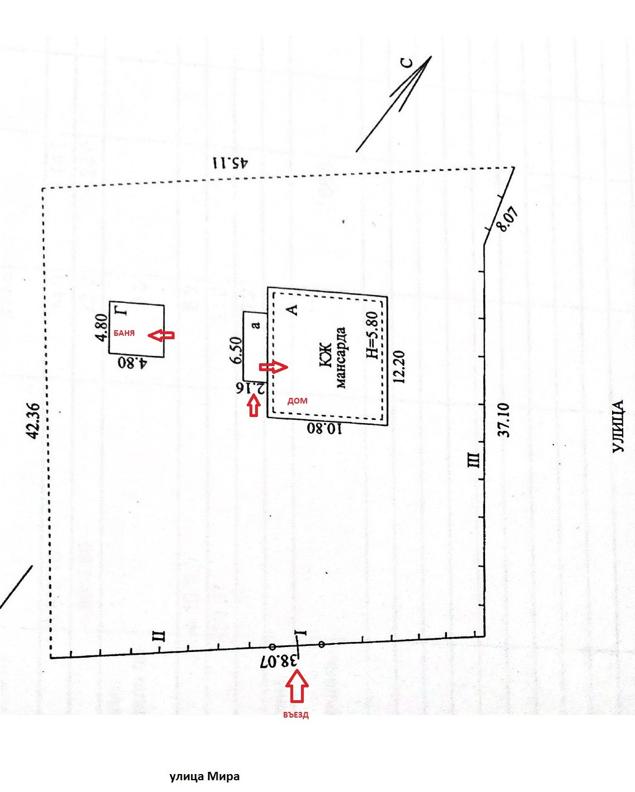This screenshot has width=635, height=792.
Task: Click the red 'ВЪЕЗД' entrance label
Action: (295, 715)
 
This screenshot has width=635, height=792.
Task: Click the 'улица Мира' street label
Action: (205, 776)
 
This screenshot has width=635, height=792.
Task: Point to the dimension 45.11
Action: (230, 163)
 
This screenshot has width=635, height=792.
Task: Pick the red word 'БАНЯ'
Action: (124, 333)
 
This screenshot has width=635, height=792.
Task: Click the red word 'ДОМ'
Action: (297, 401)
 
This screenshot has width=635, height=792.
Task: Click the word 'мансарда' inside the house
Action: (341, 358)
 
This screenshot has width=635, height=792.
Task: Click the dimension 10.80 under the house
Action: (324, 429)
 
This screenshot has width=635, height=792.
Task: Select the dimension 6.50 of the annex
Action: (236, 350)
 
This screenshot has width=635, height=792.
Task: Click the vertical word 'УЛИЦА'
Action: (618, 427)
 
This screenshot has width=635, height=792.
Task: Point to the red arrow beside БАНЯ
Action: (162, 335)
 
